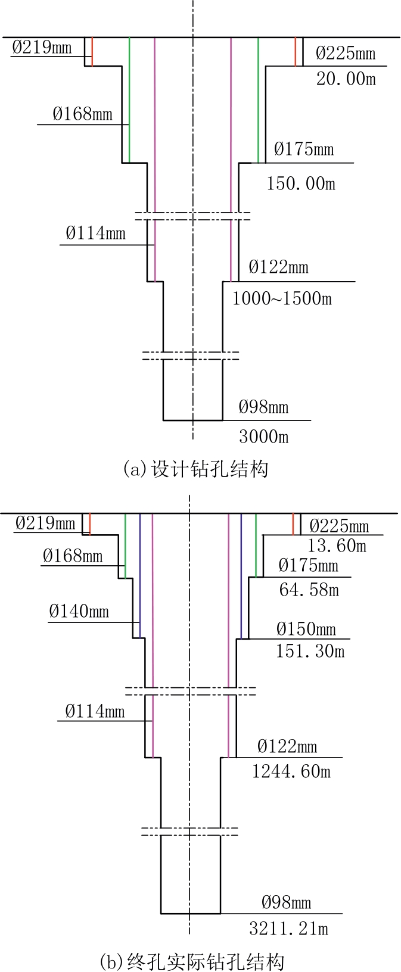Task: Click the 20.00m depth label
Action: tap(346, 79)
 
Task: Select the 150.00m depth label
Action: tap(301, 183)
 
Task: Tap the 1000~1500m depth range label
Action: tap(282, 298)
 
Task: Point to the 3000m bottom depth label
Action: tap(264, 437)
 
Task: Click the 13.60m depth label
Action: tap(337, 546)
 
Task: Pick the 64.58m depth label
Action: tap(309, 590)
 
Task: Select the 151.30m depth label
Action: tap(310, 651)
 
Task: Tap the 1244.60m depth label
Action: tap(291, 771)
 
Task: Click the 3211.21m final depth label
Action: tap(288, 929)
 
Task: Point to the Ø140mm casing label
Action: tap(79, 612)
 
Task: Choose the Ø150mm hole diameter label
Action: tap(306, 629)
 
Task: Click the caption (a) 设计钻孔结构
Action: tap(195, 469)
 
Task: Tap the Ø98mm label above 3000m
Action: tap(263, 407)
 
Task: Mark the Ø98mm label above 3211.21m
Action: tap(287, 902)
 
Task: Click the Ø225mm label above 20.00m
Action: tap(346, 53)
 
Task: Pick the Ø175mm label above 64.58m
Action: tap(309, 565)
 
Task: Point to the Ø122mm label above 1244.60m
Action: tap(287, 746)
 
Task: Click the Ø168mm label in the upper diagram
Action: tap(82, 114)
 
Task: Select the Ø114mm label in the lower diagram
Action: tap(95, 711)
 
